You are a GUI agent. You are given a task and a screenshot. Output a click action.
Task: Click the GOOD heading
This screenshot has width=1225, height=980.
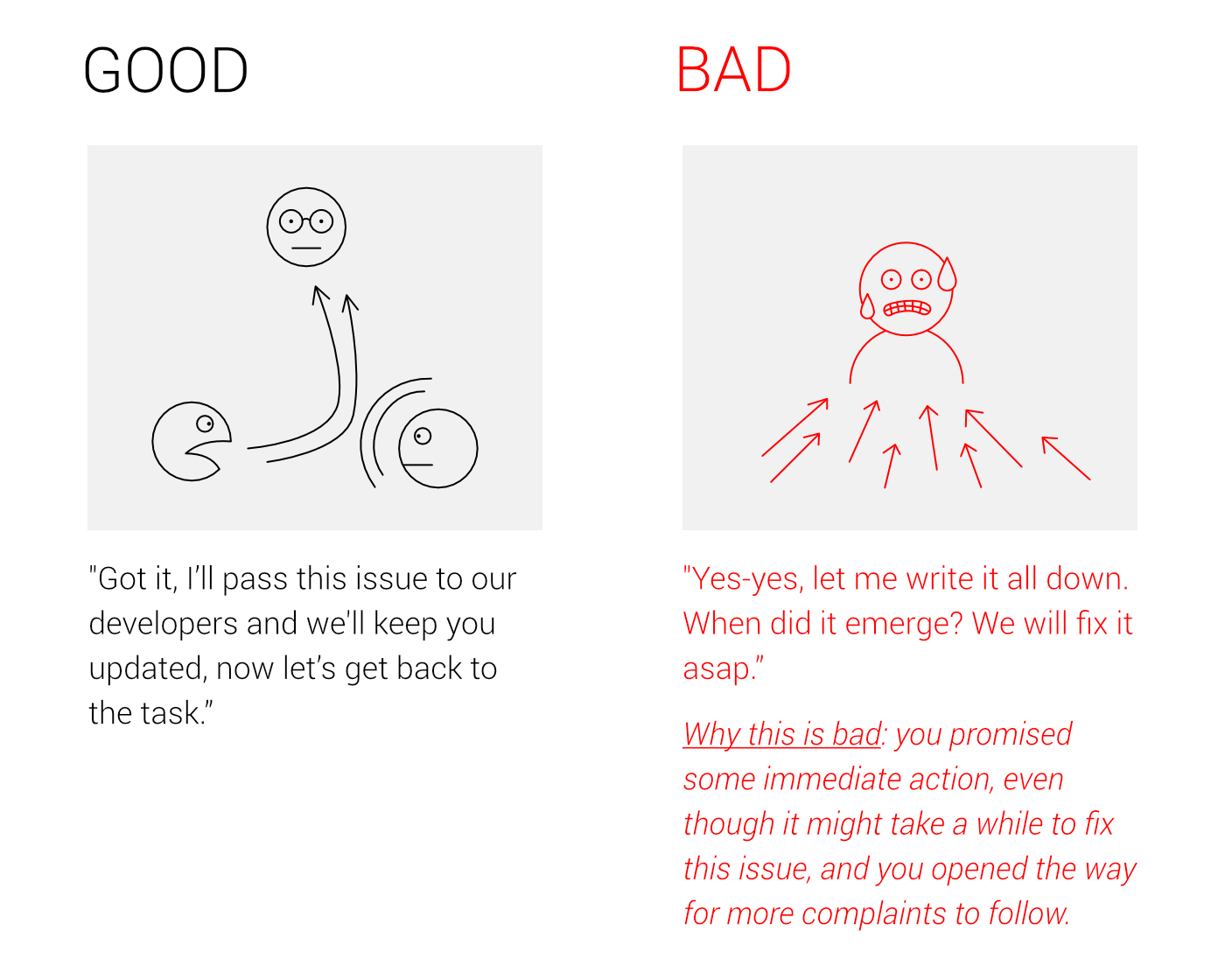[165, 70]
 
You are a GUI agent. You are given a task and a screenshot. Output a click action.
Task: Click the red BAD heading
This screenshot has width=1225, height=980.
[733, 69]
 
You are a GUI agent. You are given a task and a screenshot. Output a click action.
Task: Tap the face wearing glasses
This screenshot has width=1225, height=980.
[306, 227]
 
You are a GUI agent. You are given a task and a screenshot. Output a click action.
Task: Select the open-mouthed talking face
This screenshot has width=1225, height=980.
[192, 441]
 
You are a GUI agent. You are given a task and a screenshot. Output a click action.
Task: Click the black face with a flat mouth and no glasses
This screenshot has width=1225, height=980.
[437, 448]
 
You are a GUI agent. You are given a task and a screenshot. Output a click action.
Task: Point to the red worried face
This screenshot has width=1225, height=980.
[906, 289]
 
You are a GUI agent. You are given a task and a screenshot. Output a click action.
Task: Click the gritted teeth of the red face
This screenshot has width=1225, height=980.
[906, 308]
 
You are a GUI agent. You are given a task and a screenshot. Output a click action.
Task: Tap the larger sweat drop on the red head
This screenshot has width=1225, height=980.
[947, 275]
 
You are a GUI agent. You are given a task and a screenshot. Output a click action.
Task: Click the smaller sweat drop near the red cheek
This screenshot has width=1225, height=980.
[867, 306]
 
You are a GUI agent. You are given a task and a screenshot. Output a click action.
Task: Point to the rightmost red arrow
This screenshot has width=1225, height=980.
[1066, 458]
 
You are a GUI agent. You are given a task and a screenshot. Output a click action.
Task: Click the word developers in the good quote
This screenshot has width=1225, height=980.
[164, 624]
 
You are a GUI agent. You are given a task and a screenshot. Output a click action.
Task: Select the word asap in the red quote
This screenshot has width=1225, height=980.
[717, 669]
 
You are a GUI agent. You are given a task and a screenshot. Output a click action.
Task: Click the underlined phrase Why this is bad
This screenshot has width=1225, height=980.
[782, 734]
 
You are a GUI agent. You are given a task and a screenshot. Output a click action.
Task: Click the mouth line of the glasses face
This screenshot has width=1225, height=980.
[306, 248]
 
